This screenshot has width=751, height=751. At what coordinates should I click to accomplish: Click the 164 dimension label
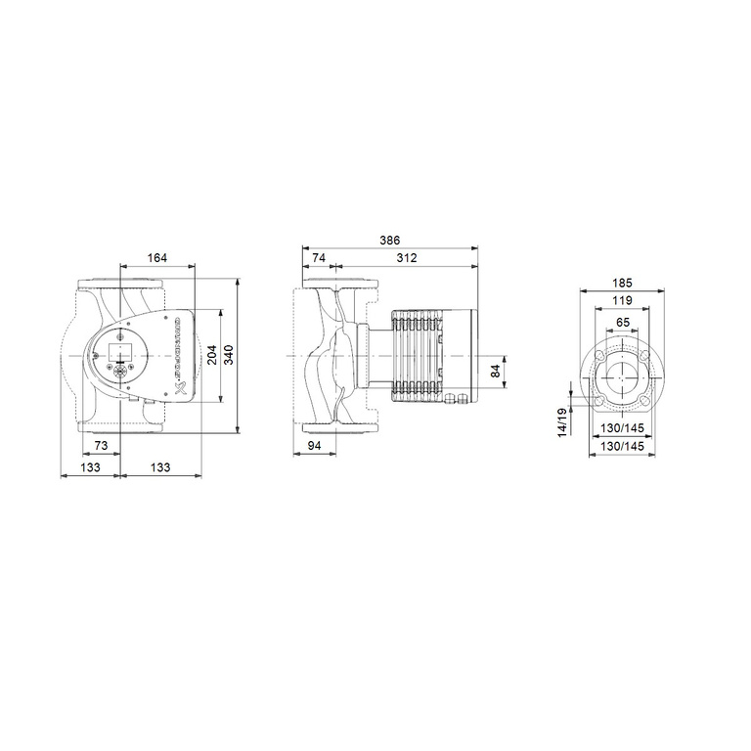(x=157, y=257)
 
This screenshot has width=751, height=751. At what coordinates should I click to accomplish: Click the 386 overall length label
(x=389, y=241)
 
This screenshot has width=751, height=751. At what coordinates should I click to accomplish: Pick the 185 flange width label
(x=623, y=283)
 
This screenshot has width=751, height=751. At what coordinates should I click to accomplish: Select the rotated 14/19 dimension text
(x=561, y=423)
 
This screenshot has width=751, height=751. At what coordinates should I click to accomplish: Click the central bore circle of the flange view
(x=622, y=377)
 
